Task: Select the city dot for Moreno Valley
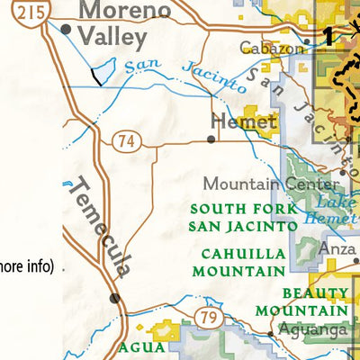66,29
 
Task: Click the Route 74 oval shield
125,139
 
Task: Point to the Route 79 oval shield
208,317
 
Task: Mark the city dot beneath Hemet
211,139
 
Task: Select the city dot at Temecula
113,298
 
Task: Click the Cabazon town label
267,48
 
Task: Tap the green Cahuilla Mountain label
243,261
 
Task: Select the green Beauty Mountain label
316,301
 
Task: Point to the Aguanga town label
314,330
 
